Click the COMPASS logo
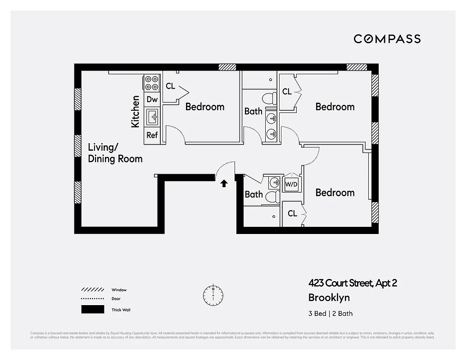387,39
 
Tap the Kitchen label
135,111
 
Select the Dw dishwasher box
152,99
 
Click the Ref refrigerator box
152,135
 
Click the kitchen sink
153,117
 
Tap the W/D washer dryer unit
291,184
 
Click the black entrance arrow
224,183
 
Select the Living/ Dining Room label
115,153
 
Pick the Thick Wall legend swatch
92,310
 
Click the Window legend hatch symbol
92,290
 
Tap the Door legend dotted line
92,299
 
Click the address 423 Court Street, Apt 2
353,283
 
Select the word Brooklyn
329,297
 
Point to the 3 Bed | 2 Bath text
330,314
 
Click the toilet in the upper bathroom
271,98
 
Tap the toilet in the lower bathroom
271,196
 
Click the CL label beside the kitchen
170,86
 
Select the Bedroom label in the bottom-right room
335,193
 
